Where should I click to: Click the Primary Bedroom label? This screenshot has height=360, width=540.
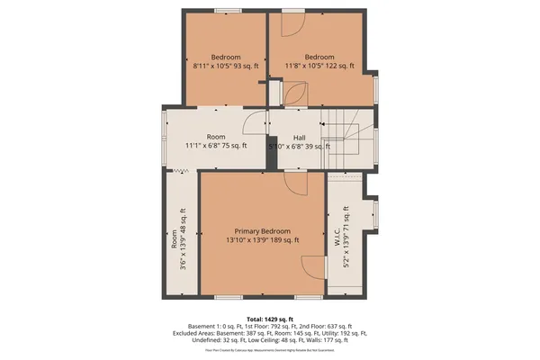pos(263,231)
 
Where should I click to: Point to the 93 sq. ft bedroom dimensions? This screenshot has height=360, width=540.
pos(225,66)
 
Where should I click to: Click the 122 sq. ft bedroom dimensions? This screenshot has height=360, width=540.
pos(319,66)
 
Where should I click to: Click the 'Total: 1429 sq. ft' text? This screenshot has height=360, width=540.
pos(270,319)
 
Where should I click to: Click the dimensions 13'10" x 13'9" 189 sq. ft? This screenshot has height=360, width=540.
pos(263,241)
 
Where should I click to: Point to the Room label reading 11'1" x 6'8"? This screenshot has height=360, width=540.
pos(216,145)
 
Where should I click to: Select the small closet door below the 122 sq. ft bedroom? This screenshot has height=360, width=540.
pos(293,94)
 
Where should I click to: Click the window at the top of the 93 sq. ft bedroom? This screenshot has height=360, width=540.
pos(229,11)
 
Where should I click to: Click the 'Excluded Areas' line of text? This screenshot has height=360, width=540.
pos(270,333)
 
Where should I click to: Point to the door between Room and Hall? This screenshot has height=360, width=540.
pos(259,124)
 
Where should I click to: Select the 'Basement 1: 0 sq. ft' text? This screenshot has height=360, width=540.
pos(207,326)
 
